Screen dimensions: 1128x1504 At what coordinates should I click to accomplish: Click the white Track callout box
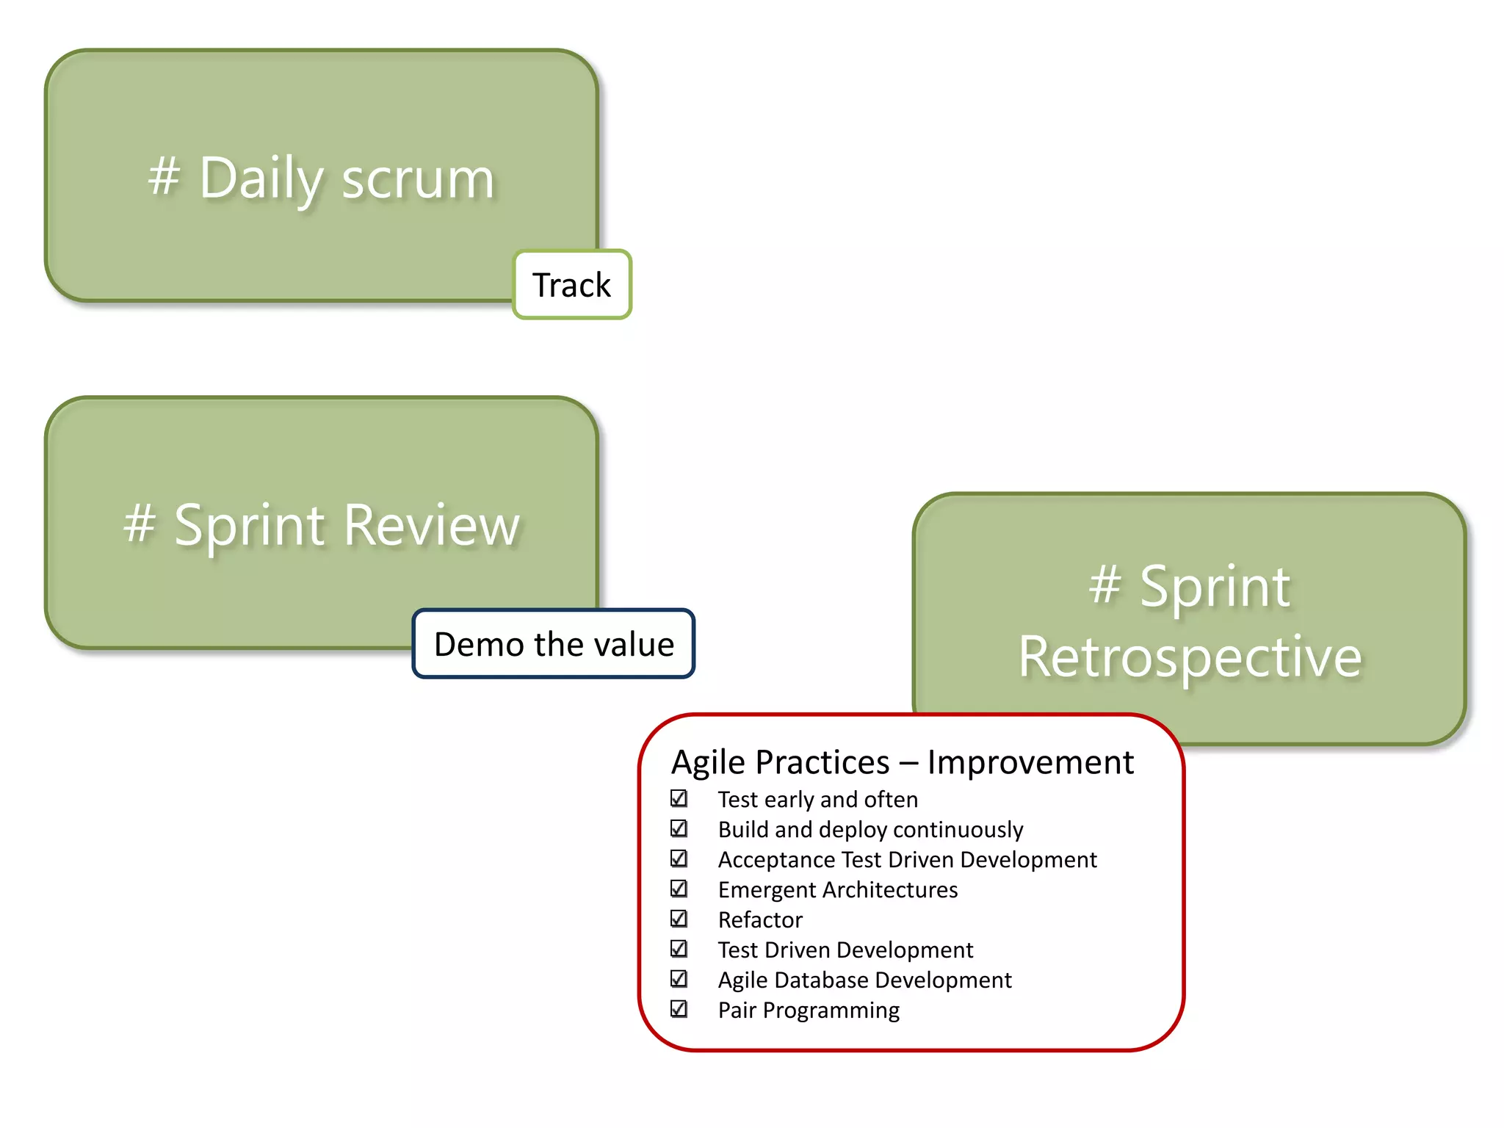coord(571,285)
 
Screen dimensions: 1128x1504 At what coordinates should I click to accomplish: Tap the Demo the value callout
coord(553,644)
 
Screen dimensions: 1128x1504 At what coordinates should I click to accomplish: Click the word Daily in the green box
coord(261,178)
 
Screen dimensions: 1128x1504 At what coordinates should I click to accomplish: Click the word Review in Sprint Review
coord(431,526)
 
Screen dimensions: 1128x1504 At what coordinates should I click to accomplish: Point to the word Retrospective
coord(1190,657)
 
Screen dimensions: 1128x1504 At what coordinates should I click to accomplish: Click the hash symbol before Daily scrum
coord(164,176)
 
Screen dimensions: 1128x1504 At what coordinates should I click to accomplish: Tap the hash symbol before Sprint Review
coord(140,524)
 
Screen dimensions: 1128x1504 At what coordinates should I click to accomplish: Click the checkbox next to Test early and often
coord(679,798)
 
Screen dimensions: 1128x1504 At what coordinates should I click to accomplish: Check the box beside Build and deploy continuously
coord(679,828)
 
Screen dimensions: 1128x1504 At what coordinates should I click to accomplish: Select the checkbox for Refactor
coord(679,919)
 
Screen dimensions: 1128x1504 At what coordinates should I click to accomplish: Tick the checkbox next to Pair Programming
coord(679,1009)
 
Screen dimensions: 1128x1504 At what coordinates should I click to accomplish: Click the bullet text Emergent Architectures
coord(837,889)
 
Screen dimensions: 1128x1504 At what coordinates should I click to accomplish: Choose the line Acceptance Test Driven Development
coord(907,859)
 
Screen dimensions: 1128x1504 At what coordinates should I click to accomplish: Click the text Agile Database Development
coord(864,980)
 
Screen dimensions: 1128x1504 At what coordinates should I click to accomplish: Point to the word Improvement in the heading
coord(1030,762)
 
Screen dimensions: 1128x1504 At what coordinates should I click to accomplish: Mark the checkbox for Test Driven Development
coord(679,949)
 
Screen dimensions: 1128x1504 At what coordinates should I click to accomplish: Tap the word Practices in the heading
coord(822,762)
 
